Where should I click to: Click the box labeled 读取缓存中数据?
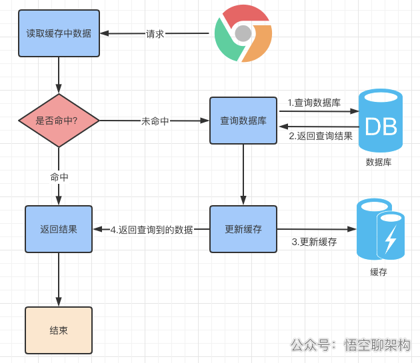[x=59, y=33]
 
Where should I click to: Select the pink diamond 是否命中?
[x=59, y=121]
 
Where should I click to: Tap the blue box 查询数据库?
[x=243, y=121]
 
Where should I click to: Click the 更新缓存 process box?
[x=243, y=229]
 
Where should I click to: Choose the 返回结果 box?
[x=59, y=229]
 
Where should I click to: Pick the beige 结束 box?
[x=59, y=330]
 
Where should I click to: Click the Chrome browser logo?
[x=243, y=33]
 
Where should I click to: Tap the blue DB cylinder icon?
[x=381, y=121]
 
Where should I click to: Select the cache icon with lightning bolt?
[x=381, y=229]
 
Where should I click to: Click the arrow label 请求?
[x=155, y=34]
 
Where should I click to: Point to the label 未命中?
[x=155, y=121]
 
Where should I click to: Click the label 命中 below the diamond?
[x=59, y=177]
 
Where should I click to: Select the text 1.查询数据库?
[x=314, y=103]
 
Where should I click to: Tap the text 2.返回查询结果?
[x=321, y=136]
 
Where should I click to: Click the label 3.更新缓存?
[x=314, y=242]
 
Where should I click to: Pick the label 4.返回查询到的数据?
[x=151, y=230]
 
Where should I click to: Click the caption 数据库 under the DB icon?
[x=379, y=162]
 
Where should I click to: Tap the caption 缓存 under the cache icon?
[x=379, y=272]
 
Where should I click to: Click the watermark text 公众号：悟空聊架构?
[x=350, y=345]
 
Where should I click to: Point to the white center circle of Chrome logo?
[x=243, y=33]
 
